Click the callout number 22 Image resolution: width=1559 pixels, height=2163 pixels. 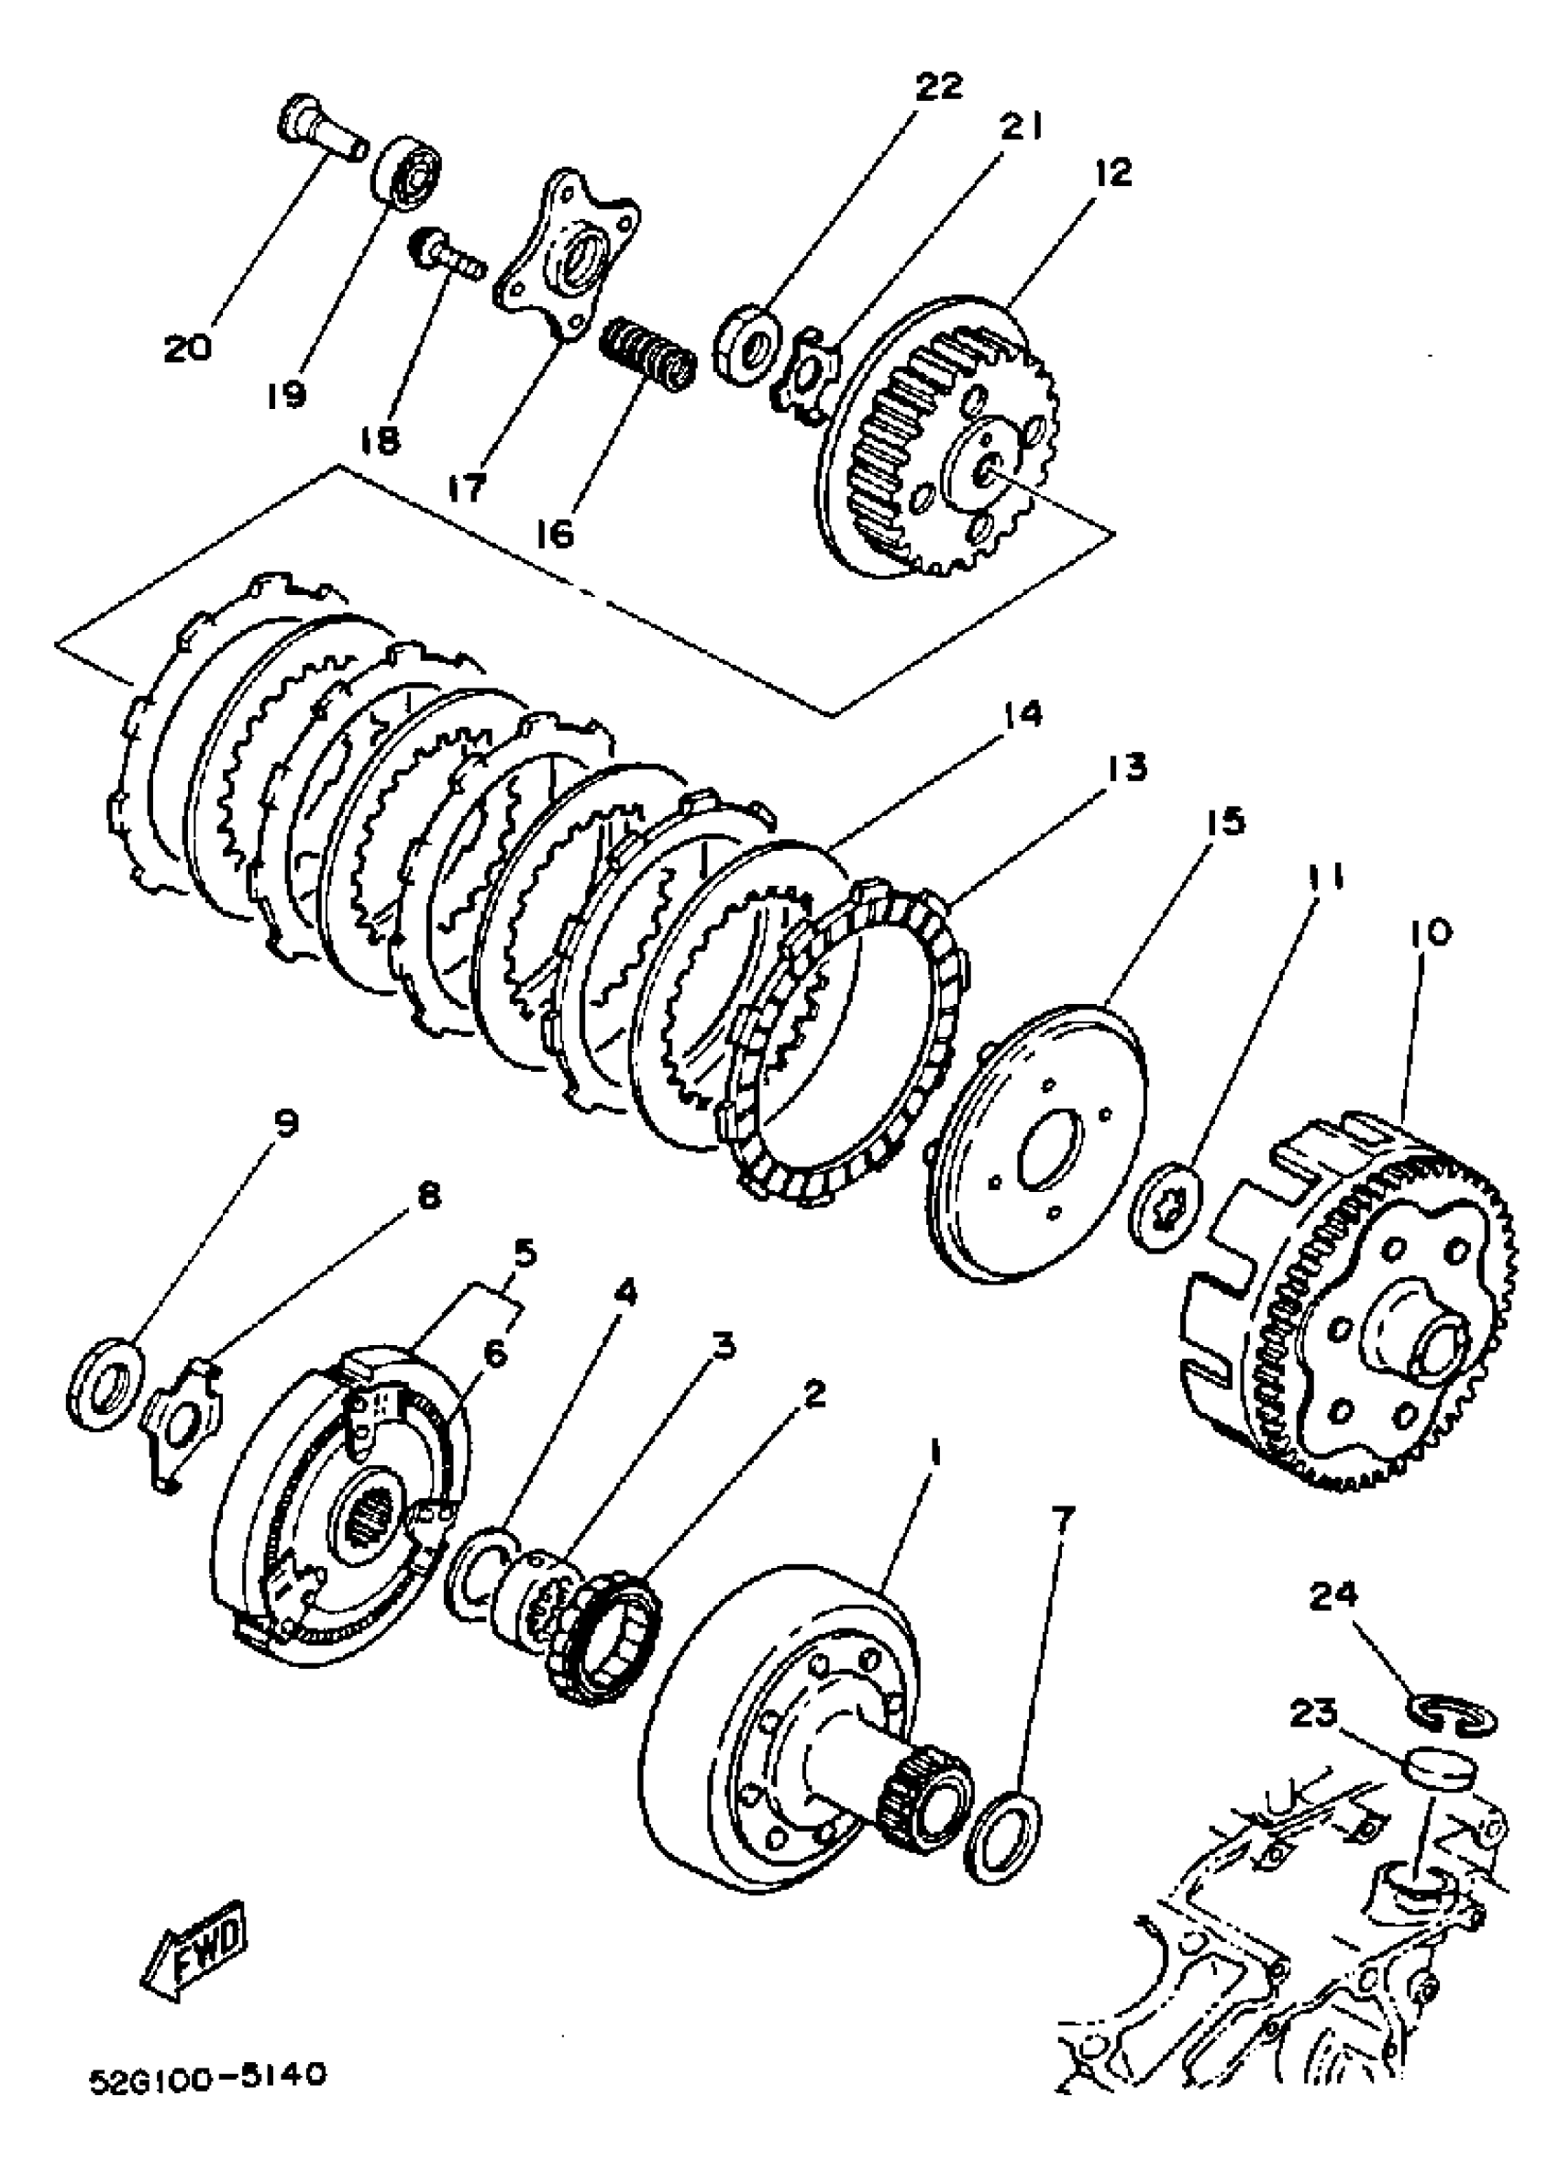tap(939, 86)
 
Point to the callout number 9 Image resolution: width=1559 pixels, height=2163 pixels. tap(285, 1122)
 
